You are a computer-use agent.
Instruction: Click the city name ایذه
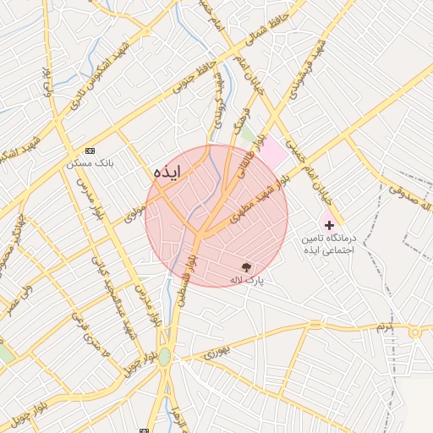(x=167, y=172)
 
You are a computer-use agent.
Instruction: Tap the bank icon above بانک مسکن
(x=90, y=150)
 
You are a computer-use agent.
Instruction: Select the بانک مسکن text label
(x=90, y=162)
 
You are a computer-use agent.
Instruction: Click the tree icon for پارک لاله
(x=247, y=266)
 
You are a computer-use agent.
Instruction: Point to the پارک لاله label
(x=248, y=278)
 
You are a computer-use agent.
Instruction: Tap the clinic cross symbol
(x=329, y=225)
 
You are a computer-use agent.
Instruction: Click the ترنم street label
(x=386, y=326)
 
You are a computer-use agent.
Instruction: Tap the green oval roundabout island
(x=164, y=357)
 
